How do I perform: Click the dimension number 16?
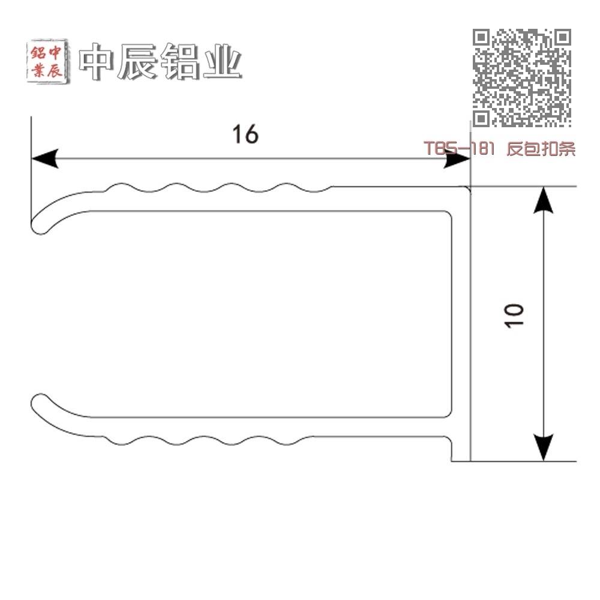point(245,134)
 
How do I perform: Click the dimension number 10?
point(514,316)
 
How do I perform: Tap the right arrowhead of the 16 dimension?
point(457,158)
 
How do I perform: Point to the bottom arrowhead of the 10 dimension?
point(544,448)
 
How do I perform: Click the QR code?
point(522,77)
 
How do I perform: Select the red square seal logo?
point(47,61)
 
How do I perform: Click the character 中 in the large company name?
point(96,61)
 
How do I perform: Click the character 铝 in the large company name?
point(180,61)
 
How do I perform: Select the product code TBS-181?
point(459,148)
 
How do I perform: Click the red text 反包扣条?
point(541,148)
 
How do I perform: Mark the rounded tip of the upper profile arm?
point(38,227)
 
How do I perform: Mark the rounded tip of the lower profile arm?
point(38,402)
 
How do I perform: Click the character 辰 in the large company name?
point(137,61)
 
